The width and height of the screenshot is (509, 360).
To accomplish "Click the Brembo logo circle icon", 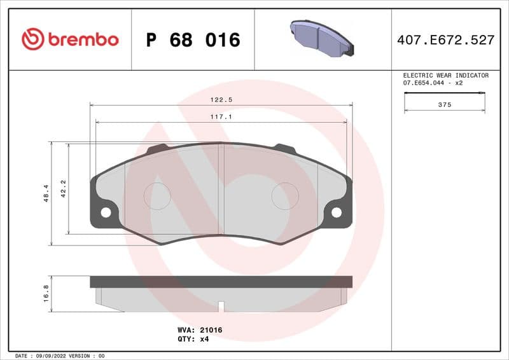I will [32, 39].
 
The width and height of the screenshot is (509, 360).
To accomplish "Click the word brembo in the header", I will [83, 39].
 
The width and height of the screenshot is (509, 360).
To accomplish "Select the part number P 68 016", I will [193, 40].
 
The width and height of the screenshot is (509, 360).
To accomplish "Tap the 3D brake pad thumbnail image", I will [322, 38].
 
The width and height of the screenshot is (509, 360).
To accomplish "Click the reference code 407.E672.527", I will [445, 40].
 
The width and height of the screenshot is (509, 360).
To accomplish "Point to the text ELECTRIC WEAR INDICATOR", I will [445, 75].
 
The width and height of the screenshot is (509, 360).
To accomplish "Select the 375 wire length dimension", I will [445, 105].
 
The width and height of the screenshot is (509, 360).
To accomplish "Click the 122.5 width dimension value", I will [220, 100].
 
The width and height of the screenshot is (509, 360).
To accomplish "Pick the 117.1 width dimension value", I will [220, 117].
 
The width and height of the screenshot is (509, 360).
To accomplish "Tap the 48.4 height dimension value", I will [46, 193].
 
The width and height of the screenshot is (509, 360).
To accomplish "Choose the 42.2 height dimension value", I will [63, 188].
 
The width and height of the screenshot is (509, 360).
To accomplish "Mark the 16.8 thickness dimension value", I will [46, 294].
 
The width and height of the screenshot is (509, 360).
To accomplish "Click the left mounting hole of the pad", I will [106, 212].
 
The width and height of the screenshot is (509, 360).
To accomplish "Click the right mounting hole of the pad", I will [337, 212].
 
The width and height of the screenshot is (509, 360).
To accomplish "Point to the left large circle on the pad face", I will [157, 195].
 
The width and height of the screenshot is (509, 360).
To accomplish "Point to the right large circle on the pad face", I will [285, 195].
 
